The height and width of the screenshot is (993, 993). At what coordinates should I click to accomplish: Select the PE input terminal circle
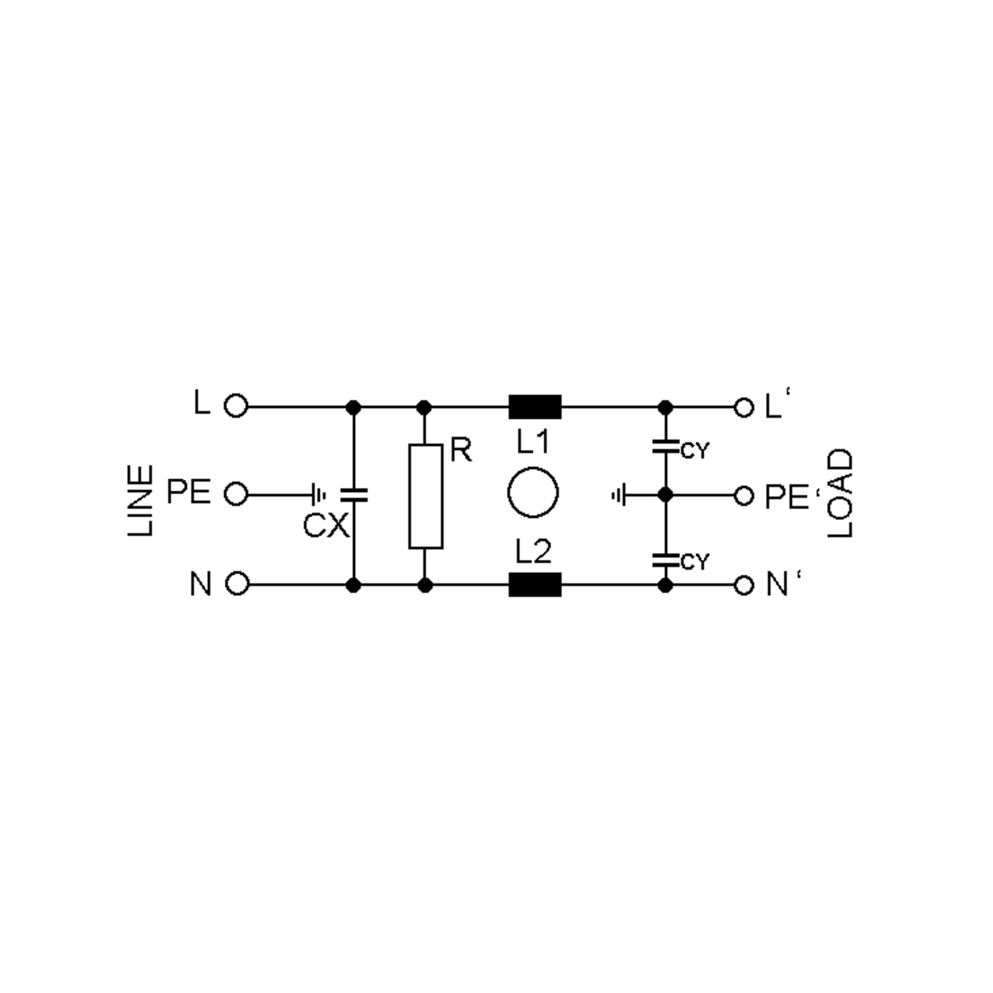tap(236, 494)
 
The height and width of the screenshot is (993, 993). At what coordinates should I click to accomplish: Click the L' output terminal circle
tap(743, 408)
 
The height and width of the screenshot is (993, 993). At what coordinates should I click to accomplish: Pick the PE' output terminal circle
tap(743, 496)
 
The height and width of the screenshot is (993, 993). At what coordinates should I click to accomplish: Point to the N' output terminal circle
tap(743, 585)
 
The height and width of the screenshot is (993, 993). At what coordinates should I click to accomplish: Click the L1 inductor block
tap(535, 407)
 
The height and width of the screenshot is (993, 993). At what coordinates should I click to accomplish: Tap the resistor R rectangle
tap(426, 496)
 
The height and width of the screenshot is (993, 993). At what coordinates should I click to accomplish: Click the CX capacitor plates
tap(354, 495)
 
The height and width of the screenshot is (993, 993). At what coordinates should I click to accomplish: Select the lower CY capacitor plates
tap(665, 560)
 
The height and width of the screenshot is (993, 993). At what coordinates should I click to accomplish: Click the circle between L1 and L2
tap(532, 492)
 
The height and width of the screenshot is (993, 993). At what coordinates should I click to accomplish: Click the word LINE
tap(140, 501)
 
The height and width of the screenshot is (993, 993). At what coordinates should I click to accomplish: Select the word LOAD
tap(840, 494)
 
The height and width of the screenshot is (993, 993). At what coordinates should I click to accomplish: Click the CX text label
tap(326, 526)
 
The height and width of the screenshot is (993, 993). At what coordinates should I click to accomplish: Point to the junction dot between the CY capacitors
tap(665, 495)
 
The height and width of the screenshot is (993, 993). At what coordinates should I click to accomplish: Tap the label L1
tap(532, 441)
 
